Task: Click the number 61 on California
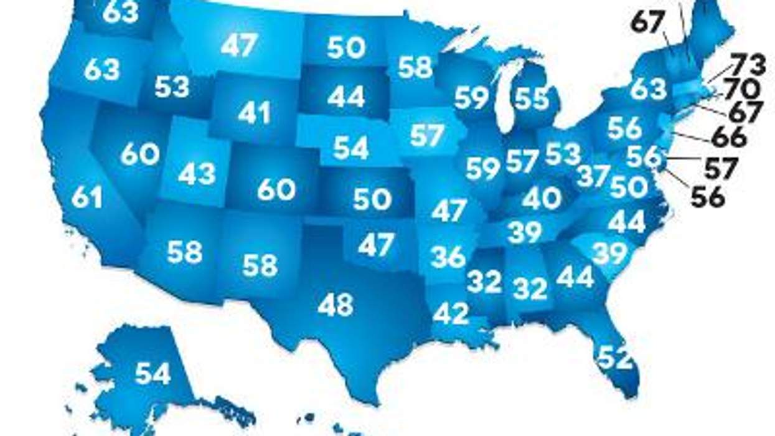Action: pyautogui.click(x=87, y=197)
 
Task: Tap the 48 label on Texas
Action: pyautogui.click(x=336, y=305)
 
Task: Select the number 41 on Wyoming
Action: pyautogui.click(x=254, y=113)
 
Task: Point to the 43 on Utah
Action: pyautogui.click(x=197, y=174)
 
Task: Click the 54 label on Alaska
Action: pyautogui.click(x=153, y=373)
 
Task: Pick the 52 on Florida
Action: pyautogui.click(x=615, y=358)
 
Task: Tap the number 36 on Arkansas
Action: pyautogui.click(x=448, y=256)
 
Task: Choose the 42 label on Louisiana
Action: pyautogui.click(x=451, y=313)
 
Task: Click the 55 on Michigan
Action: pyautogui.click(x=532, y=98)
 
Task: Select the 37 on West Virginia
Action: pyautogui.click(x=593, y=176)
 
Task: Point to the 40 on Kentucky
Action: pyautogui.click(x=542, y=199)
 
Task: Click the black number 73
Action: pyautogui.click(x=748, y=64)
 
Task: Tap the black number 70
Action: pyautogui.click(x=742, y=88)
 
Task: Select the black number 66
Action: pyautogui.click(x=729, y=138)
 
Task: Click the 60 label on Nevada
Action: pyautogui.click(x=140, y=154)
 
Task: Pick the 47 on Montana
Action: pyautogui.click(x=239, y=47)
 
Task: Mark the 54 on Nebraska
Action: pyautogui.click(x=351, y=147)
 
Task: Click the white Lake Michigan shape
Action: pyautogui.click(x=505, y=93)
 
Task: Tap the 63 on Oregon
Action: pyautogui.click(x=101, y=70)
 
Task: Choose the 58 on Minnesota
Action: pyautogui.click(x=415, y=67)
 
